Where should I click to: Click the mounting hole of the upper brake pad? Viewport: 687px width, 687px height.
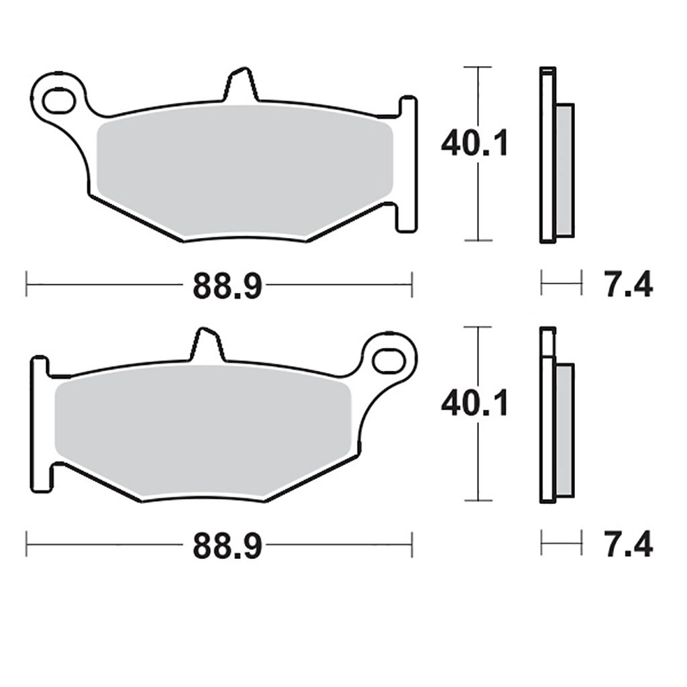tap(59, 101)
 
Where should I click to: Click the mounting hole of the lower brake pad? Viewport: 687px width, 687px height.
tap(388, 360)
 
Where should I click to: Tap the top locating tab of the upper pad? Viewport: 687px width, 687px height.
tap(242, 85)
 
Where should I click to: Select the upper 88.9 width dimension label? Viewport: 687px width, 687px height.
tap(227, 285)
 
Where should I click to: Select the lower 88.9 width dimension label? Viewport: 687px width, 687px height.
tap(227, 545)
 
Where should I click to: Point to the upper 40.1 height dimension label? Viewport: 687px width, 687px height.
tap(474, 144)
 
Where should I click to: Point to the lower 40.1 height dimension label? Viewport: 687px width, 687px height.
tap(474, 403)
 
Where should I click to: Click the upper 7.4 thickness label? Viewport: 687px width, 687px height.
tap(629, 284)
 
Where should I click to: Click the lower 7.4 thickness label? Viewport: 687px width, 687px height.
tap(629, 545)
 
